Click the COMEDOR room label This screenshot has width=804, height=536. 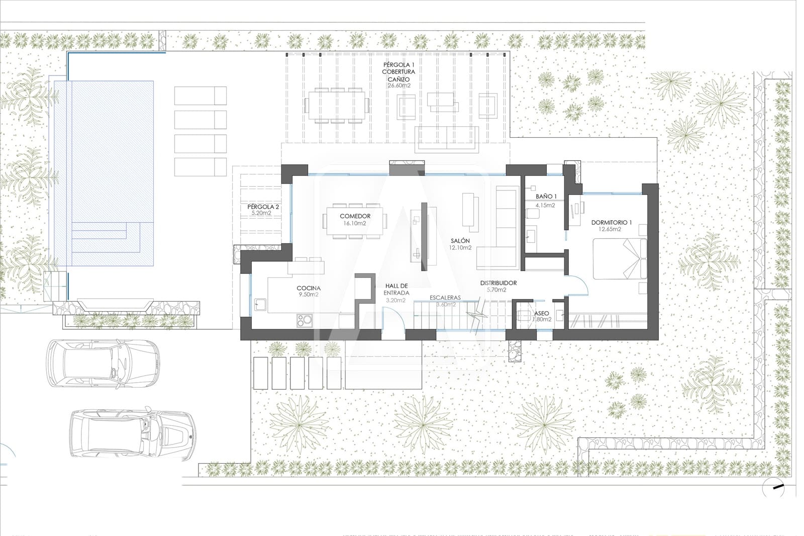(355, 216)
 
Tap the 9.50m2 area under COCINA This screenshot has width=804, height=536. (309, 295)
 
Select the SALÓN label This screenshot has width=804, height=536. (460, 241)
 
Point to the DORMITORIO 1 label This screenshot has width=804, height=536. (611, 222)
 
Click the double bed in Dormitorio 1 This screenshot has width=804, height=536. (619, 258)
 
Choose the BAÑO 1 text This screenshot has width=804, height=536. (546, 197)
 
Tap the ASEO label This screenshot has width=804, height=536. (541, 313)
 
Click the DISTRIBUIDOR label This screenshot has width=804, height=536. (498, 283)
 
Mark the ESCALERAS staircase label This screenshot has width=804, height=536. (445, 298)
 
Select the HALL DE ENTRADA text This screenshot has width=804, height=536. (396, 289)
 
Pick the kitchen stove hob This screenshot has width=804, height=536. (304, 320)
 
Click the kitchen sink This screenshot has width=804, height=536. (260, 304)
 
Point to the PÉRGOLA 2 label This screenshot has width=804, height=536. (263, 207)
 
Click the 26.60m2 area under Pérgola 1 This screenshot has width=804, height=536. (398, 85)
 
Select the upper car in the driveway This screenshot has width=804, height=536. (103, 363)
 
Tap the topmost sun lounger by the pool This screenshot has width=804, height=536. (200, 95)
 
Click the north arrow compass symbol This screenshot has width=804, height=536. (774, 487)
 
